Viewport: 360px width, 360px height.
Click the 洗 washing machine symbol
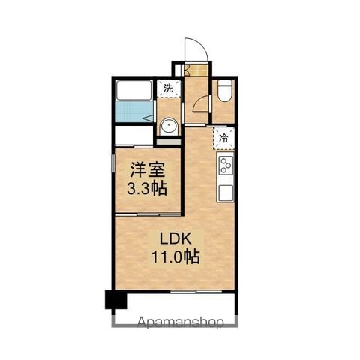(168, 88)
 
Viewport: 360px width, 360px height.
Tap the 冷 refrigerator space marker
(223, 138)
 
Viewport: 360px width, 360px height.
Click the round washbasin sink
(169, 126)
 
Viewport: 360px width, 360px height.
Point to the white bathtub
(134, 90)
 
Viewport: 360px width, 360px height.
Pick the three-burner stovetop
(226, 165)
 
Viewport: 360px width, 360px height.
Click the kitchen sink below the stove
(226, 193)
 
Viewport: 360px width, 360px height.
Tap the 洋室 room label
(148, 170)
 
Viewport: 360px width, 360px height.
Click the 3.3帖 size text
(147, 189)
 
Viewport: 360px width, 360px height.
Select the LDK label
(175, 239)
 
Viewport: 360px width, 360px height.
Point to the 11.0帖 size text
(175, 257)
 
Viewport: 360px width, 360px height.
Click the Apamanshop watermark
(180, 322)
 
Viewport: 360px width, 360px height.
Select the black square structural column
(116, 299)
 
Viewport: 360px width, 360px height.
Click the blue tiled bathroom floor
(134, 112)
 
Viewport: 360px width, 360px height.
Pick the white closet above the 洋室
(134, 135)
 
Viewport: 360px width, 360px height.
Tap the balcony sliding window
(196, 292)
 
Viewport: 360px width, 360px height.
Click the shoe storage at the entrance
(196, 70)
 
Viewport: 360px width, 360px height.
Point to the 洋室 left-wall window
(113, 163)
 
